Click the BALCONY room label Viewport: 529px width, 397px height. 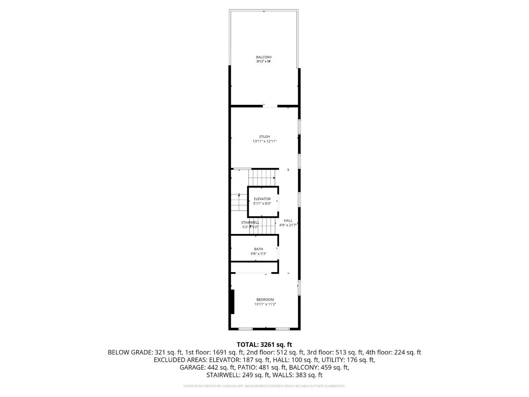(x=264, y=57)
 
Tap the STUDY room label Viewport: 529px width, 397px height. (x=264, y=137)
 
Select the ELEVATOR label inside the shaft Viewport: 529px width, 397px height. (x=262, y=199)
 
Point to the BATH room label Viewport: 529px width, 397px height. (x=259, y=249)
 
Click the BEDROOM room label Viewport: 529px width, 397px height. (x=265, y=300)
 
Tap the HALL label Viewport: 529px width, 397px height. (x=288, y=221)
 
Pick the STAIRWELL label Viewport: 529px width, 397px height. (x=250, y=222)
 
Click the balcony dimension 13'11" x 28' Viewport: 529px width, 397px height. (x=263, y=61)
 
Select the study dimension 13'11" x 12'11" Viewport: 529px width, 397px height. (x=264, y=141)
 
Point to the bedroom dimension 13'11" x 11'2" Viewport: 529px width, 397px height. (x=265, y=304)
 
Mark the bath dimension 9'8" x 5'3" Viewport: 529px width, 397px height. (x=259, y=254)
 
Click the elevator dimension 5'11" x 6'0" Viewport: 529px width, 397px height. (x=262, y=204)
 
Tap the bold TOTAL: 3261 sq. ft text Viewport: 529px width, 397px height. (x=264, y=344)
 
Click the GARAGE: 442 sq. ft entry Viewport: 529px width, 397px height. (x=207, y=367)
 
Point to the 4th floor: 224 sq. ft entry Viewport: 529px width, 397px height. (x=393, y=352)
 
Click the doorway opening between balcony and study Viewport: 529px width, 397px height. (x=270, y=106)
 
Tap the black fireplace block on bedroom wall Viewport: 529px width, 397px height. (x=232, y=302)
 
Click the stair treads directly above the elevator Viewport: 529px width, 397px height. (x=262, y=178)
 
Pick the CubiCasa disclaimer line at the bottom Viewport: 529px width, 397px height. (x=264, y=386)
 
